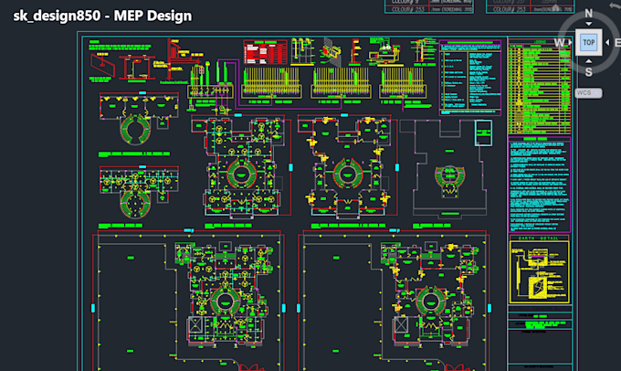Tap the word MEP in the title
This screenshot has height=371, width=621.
pos(132,16)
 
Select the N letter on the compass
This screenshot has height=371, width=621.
pos(588,14)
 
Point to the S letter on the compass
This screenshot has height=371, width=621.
pos(588,71)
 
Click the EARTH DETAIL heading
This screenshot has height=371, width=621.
pos(539,238)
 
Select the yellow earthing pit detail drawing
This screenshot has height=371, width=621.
pos(539,274)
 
